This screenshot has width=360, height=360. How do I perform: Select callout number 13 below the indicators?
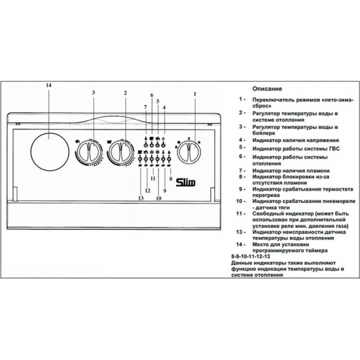139,198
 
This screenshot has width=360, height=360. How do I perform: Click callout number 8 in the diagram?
171,178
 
